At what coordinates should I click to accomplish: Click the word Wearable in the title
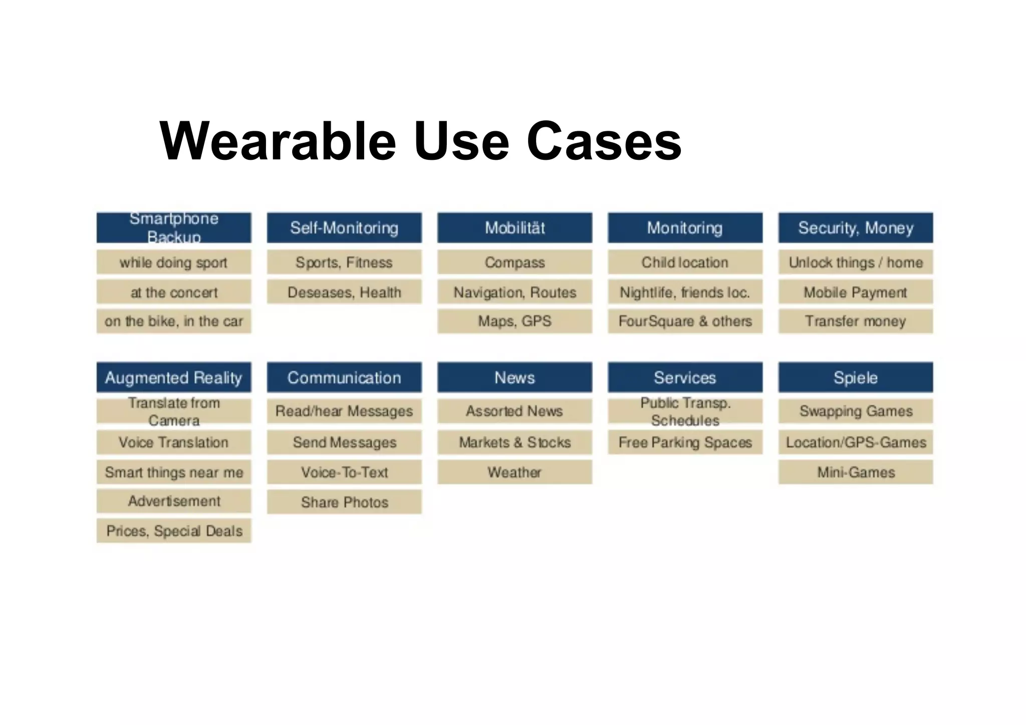(278, 141)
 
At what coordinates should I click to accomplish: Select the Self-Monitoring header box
(344, 228)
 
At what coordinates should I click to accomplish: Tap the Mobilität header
(515, 228)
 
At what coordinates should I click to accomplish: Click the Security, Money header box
(856, 228)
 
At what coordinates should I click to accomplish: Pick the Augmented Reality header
(174, 377)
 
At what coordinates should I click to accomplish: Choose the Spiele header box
(856, 377)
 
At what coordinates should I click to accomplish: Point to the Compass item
(515, 262)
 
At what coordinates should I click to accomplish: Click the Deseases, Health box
(344, 292)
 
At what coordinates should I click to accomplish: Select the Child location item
(685, 262)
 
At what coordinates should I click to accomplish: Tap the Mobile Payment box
(856, 292)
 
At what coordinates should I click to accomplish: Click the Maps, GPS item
(515, 321)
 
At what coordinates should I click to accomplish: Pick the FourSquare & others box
(685, 321)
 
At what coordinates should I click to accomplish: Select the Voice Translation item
(174, 442)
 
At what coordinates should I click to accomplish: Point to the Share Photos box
(344, 502)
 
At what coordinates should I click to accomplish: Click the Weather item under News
(515, 472)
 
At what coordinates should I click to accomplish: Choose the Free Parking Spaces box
(685, 442)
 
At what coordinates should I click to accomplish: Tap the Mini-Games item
(856, 472)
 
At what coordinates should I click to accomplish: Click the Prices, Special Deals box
(174, 531)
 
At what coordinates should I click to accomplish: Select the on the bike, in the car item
(174, 321)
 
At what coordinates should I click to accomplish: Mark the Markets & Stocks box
(515, 442)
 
